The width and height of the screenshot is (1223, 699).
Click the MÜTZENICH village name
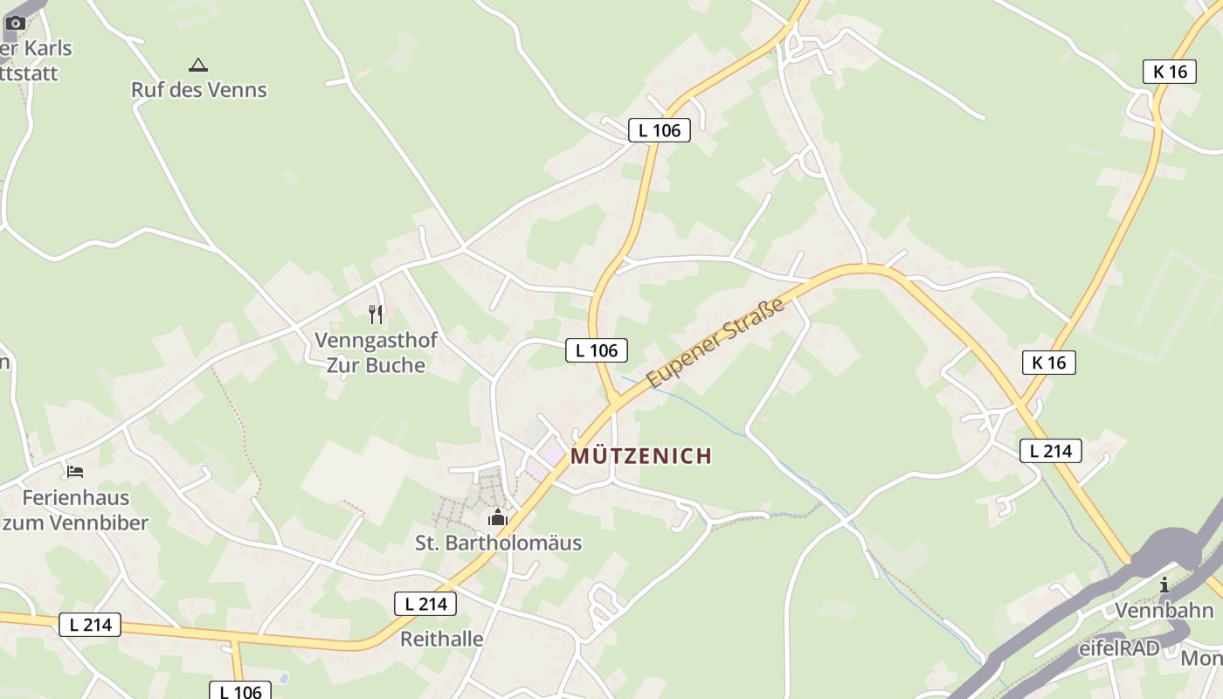click(641, 456)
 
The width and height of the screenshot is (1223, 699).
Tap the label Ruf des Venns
click(199, 89)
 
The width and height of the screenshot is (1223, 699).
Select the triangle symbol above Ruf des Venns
click(198, 65)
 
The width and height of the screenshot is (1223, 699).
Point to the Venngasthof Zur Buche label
click(376, 352)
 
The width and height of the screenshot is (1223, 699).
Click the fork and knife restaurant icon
click(376, 314)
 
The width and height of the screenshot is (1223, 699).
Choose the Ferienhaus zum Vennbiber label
click(75, 510)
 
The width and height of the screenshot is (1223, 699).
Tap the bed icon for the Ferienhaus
click(75, 472)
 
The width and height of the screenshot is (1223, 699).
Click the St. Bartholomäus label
click(498, 543)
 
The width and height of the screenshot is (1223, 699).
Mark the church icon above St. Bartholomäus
click(498, 517)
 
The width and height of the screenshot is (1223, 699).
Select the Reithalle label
click(442, 639)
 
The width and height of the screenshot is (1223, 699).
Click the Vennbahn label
click(1164, 610)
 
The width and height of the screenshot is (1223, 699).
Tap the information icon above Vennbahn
click(1164, 585)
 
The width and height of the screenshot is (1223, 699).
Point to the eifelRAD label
click(1119, 648)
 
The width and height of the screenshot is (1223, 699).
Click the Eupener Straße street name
click(716, 343)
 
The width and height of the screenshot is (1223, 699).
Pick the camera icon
click(16, 23)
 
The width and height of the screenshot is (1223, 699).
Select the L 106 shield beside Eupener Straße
click(597, 350)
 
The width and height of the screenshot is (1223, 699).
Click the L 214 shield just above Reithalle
click(425, 603)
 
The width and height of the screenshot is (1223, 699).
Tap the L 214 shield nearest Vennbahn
click(1050, 451)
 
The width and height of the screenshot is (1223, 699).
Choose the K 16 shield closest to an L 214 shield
click(1049, 363)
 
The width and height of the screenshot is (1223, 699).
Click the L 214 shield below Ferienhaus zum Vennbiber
click(90, 625)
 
